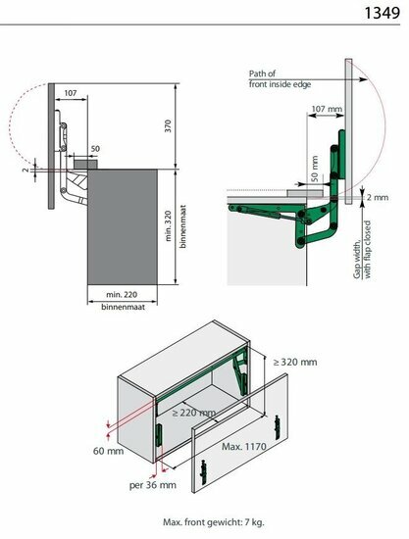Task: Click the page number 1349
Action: [382, 13]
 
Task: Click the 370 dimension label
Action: [168, 126]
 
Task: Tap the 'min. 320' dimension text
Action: [168, 225]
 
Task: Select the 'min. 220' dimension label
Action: [122, 295]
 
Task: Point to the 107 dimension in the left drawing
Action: [71, 93]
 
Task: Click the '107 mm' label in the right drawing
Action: [327, 109]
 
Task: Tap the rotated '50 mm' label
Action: [314, 169]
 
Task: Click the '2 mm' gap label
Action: [378, 197]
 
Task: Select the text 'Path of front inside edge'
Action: [280, 78]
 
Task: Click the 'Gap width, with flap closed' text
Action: [362, 250]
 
